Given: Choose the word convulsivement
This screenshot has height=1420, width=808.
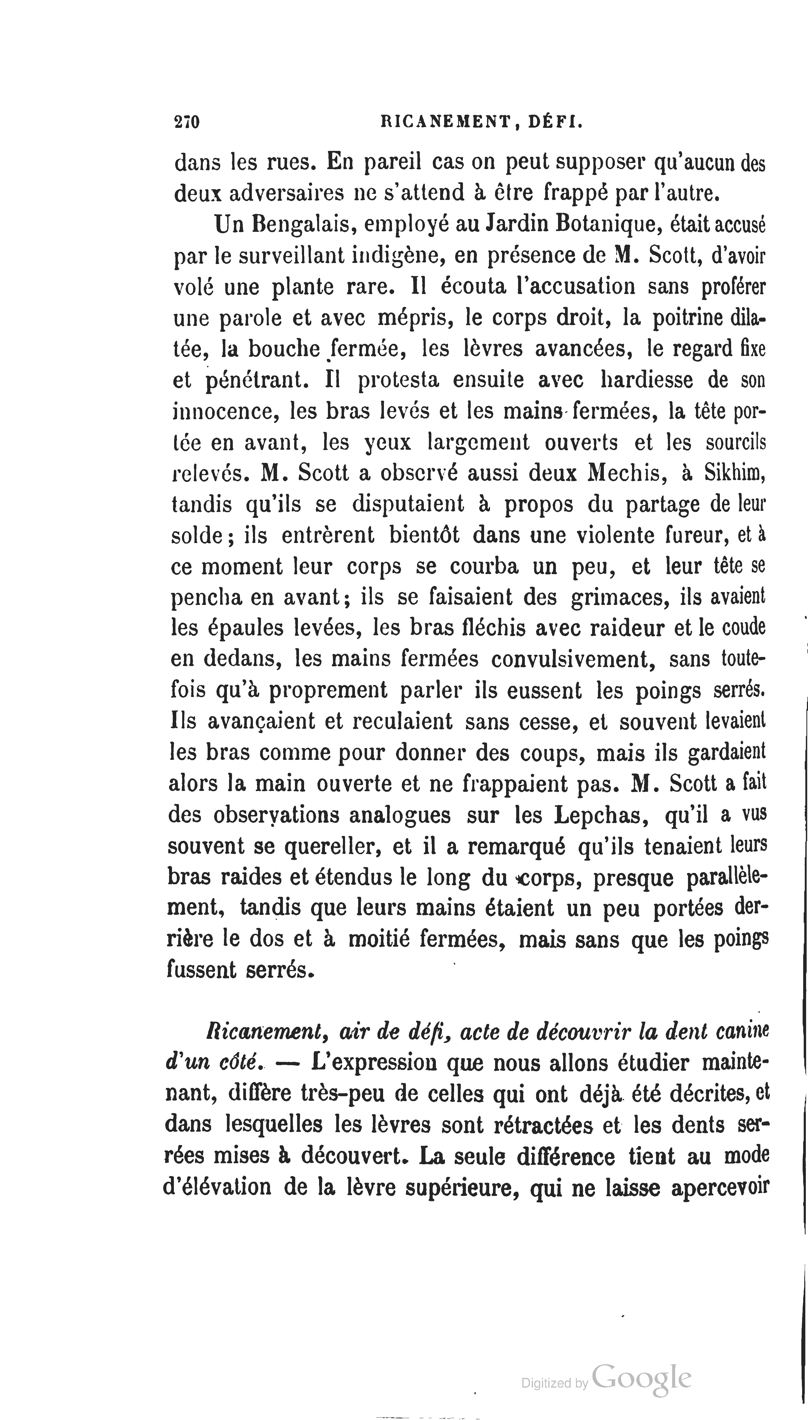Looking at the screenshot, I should click(x=573, y=660).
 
